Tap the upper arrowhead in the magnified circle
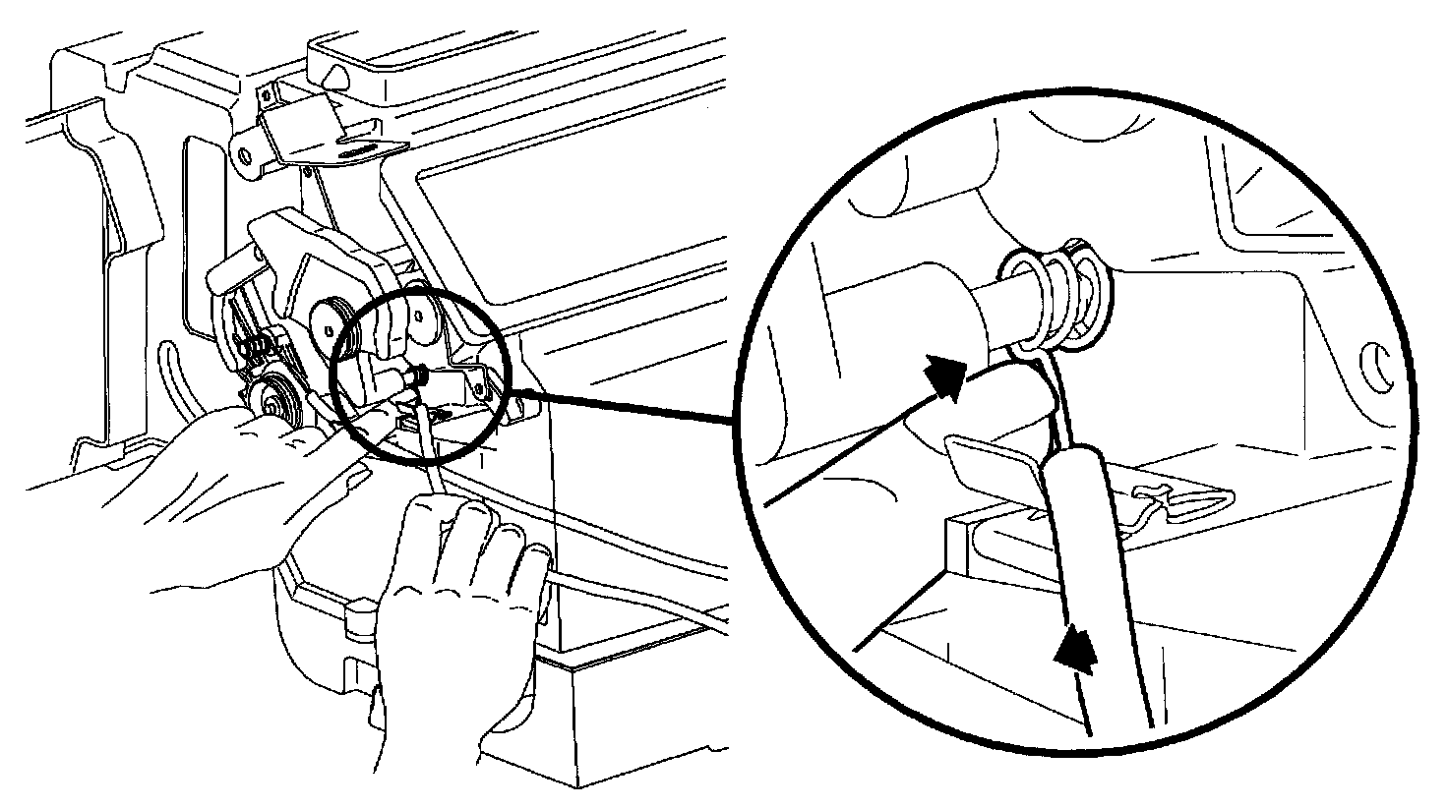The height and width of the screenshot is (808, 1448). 947,377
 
